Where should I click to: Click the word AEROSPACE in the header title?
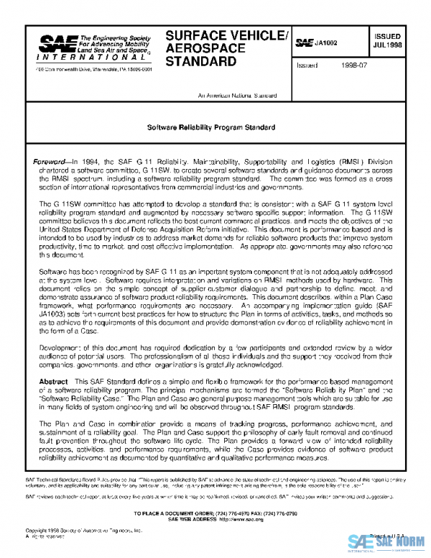(x=200, y=48)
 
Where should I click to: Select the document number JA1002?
(x=327, y=43)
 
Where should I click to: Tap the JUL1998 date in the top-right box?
(x=387, y=45)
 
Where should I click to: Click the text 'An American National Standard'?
(x=233, y=96)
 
